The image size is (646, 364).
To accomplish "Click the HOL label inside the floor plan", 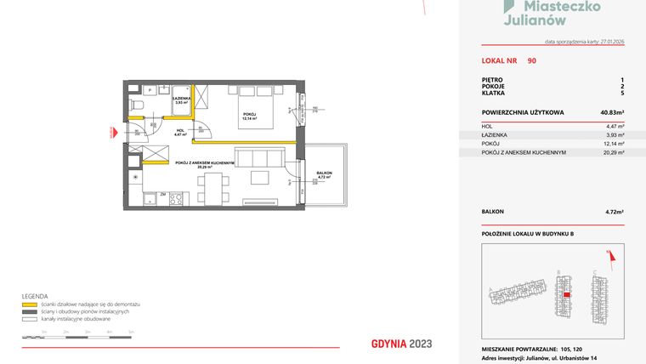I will coord(179,130).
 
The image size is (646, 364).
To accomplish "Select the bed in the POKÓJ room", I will coord(253,117).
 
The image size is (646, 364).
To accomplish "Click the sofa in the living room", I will coord(258,159).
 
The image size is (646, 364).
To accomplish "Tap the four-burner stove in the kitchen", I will coord(176,200).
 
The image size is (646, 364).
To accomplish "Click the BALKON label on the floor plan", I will coord(324,173).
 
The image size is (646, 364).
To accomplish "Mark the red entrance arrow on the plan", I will coord(113,132).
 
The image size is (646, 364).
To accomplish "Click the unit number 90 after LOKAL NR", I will coord(531,60).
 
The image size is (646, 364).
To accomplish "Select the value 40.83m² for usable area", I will coord(612,112).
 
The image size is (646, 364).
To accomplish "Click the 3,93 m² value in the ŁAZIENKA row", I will coord(615,134).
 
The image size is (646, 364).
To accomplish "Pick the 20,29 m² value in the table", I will coord(614,153).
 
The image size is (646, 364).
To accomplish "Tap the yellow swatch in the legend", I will coord(29,304).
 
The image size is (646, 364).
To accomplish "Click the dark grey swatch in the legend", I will coord(29,310).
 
